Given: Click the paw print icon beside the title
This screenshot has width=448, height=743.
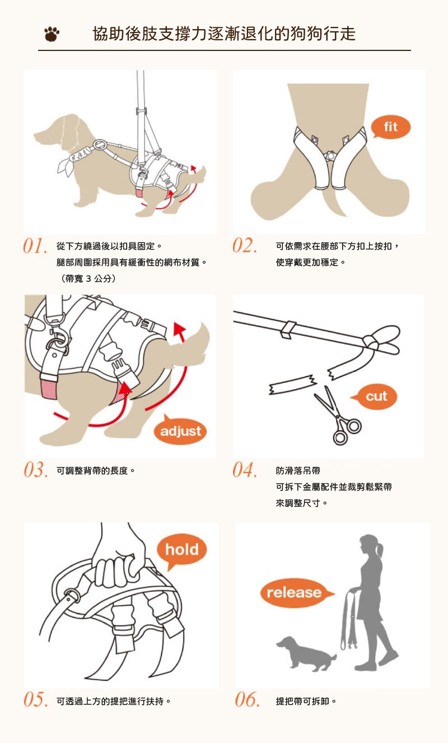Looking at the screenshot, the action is (52, 34).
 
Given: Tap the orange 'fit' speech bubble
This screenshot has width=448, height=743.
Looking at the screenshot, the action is (390, 127).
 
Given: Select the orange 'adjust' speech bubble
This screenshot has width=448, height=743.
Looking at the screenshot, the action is (180, 430).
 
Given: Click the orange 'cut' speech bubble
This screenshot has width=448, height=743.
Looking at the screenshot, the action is (375, 396).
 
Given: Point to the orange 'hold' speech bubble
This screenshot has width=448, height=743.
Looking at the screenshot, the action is (181, 550).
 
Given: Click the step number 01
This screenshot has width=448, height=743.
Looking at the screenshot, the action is (35, 246).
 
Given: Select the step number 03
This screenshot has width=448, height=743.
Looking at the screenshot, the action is (35, 470).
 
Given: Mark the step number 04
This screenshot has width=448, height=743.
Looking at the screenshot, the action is (245, 470).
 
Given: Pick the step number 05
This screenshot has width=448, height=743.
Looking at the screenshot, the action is (35, 699).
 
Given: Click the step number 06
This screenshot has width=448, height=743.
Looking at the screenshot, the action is (247, 699).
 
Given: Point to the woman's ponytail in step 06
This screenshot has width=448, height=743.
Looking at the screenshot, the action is (380, 550).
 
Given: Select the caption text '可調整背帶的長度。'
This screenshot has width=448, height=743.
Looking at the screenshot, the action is (96, 470).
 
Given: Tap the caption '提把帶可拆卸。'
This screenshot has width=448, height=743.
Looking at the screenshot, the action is (306, 701).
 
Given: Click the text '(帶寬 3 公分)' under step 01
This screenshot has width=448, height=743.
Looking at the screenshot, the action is (88, 278).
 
